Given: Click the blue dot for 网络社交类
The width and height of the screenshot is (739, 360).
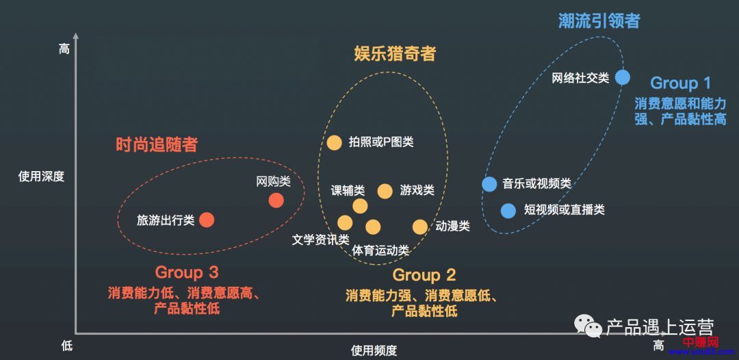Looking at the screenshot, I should (622, 77).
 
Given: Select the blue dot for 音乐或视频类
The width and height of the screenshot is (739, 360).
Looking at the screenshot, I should (489, 184).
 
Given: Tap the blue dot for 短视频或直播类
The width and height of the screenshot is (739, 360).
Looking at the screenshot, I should (508, 211).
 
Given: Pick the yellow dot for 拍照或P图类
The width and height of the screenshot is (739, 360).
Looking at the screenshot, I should (334, 142).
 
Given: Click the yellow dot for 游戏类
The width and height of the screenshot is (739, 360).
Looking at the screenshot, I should (385, 191).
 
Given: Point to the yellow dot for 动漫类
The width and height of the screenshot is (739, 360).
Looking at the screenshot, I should (419, 227).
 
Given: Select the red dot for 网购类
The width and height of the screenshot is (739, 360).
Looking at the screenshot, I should (276, 200).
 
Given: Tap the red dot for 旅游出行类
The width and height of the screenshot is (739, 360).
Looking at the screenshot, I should (207, 220).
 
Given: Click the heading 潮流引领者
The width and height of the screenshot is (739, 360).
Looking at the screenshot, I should (599, 21).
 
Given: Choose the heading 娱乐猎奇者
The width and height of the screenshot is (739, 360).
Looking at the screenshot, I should (395, 53).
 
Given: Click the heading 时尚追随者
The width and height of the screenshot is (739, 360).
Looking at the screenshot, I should (157, 144).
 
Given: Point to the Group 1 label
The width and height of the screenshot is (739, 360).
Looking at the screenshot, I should (680, 83).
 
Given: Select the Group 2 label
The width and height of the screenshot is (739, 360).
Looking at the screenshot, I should (424, 275).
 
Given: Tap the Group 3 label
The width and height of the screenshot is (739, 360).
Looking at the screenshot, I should (187, 272).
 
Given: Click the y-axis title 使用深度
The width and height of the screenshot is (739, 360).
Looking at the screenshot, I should (41, 176).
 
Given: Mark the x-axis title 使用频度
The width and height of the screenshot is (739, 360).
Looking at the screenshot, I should (374, 350).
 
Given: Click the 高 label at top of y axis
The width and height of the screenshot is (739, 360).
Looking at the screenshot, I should (64, 49).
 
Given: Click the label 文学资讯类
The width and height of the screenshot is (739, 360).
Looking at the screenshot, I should (320, 240).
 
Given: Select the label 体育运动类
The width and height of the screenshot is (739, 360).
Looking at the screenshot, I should (380, 250).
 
